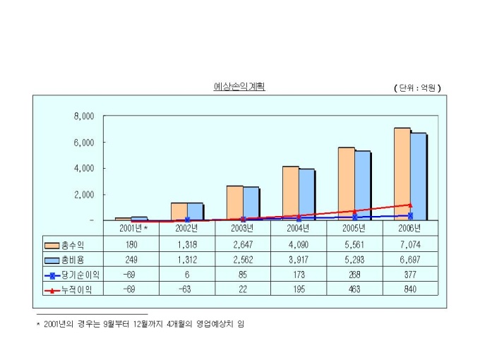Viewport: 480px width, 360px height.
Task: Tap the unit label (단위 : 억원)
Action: (x=417, y=88)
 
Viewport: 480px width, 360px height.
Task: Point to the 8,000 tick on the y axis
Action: (x=84, y=116)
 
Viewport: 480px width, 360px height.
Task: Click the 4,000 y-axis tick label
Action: (x=84, y=168)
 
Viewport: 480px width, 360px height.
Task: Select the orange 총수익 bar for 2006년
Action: (x=402, y=174)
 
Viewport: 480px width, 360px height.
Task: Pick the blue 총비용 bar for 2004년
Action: (x=307, y=194)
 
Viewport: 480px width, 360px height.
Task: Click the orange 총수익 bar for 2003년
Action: (x=234, y=203)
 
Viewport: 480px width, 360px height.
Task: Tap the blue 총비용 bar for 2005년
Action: (x=363, y=185)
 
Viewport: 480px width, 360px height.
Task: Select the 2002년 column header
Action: (x=187, y=228)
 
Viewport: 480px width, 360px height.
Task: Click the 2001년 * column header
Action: (x=131, y=228)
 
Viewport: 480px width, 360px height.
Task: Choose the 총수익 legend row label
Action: (x=71, y=245)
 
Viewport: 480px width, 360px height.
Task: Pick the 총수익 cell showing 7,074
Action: (x=409, y=245)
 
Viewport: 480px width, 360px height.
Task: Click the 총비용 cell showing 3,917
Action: (x=299, y=260)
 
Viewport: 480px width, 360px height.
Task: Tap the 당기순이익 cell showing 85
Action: (x=243, y=275)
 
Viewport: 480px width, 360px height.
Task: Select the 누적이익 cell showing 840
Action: (x=409, y=289)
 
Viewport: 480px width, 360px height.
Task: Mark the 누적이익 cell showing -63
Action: (x=187, y=289)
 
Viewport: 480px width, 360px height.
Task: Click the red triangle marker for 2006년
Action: (x=410, y=205)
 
